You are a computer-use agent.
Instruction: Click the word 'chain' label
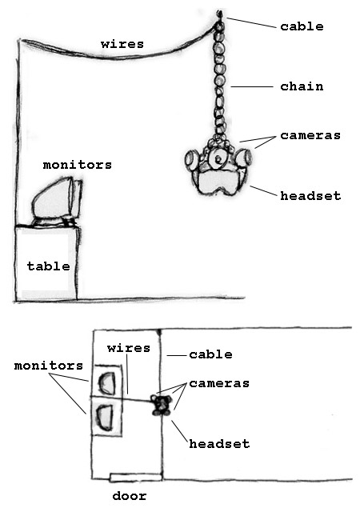coord(302,86)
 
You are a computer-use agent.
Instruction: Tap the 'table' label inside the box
coord(48,266)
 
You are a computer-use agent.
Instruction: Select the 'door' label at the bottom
coord(130,496)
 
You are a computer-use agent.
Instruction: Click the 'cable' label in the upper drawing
coord(302,26)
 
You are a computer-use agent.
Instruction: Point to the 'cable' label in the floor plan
coord(210,354)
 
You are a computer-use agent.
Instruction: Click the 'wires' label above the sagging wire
coord(122,44)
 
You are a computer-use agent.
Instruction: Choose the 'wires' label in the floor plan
coord(129,348)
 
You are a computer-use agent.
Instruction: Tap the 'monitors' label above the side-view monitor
coord(78,165)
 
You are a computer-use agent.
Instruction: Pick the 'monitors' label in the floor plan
coord(49,366)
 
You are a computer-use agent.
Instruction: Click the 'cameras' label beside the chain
coord(310,135)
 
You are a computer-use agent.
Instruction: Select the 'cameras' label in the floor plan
coord(219,383)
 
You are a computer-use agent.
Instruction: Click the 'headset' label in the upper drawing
coord(310,195)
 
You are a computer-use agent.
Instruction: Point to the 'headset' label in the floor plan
coord(219,444)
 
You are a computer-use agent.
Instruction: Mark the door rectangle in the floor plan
coord(135,477)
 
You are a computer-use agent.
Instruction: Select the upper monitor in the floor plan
coord(107,382)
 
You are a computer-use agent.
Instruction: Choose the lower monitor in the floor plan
coord(105,418)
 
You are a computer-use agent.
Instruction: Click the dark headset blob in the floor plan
coord(161,406)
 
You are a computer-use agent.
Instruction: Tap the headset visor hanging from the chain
coord(218,182)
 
